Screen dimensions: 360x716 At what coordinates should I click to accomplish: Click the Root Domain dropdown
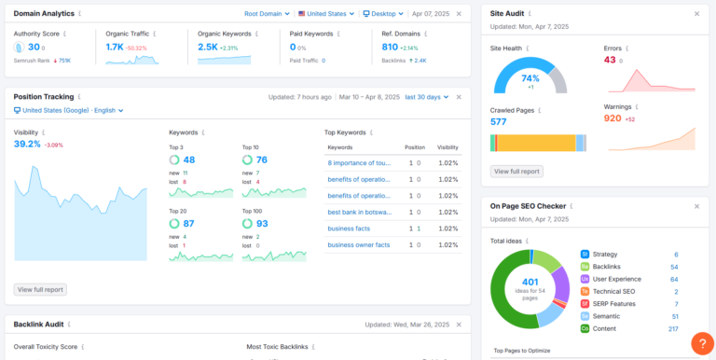(x=267, y=14)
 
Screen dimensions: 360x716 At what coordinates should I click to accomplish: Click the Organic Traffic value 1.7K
(x=115, y=47)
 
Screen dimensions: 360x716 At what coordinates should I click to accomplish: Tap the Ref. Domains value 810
(x=390, y=47)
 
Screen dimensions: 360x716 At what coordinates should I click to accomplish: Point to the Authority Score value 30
(x=34, y=47)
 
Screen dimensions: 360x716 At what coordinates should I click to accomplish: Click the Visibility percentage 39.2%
(x=27, y=145)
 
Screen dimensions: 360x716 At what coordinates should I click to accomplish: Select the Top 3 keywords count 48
(x=188, y=159)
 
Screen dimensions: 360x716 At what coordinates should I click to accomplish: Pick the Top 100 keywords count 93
(x=262, y=224)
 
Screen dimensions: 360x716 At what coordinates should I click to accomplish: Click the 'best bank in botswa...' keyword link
(x=359, y=212)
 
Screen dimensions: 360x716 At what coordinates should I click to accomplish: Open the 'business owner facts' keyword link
(x=358, y=244)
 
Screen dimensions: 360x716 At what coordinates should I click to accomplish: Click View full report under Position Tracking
(x=40, y=289)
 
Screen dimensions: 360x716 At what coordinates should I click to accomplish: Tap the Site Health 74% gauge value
(x=530, y=78)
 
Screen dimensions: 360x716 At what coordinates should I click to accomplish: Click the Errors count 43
(x=610, y=60)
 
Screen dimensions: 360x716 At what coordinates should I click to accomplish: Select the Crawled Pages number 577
(x=499, y=121)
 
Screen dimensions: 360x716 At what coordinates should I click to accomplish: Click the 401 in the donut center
(x=530, y=282)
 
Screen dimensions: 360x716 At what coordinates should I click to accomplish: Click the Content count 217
(x=672, y=328)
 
